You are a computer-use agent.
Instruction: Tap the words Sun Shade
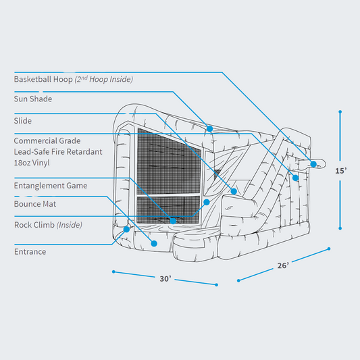point(33,99)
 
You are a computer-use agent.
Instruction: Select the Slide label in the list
point(23,121)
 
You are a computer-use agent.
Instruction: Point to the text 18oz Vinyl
point(32,163)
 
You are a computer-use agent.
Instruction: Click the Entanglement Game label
point(49,185)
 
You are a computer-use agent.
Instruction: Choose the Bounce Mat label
point(36,203)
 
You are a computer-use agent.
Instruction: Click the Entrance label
point(30,252)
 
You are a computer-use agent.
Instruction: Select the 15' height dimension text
point(341,172)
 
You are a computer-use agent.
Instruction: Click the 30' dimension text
point(165,278)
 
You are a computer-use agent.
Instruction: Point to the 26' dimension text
point(284,265)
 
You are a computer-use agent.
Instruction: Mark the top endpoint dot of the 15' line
point(340,112)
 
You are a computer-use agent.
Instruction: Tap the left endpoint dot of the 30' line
point(113,272)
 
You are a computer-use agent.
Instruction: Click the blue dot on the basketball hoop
point(313,164)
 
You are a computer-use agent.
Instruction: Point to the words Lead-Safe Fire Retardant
point(59,152)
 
